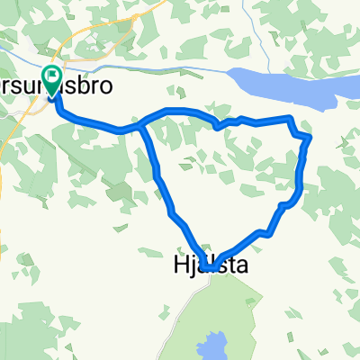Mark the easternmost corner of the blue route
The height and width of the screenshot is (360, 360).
coord(310,137)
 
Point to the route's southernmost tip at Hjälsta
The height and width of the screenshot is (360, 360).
coord(208,268)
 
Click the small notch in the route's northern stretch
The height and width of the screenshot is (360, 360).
coord(218,125)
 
